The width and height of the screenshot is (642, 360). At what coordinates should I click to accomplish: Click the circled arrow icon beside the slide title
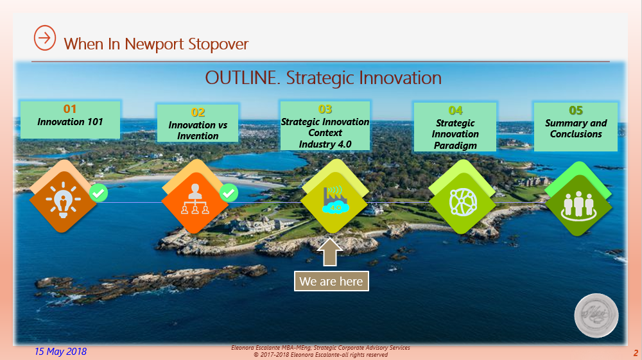(44, 37)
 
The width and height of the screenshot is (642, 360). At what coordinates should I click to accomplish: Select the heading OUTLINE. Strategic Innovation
(323, 78)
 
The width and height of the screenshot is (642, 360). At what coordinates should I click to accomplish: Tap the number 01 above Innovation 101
(70, 109)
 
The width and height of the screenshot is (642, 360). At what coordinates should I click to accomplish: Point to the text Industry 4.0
(325, 144)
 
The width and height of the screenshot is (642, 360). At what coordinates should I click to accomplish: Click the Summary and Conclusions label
(576, 128)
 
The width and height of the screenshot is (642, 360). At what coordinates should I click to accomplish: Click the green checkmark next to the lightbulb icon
(99, 193)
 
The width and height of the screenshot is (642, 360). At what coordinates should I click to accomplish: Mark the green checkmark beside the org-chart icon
(229, 193)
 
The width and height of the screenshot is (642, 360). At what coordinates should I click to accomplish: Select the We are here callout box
(331, 281)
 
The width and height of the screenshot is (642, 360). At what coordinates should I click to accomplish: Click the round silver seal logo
(596, 315)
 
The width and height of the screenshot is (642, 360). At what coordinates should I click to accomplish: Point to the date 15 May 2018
(60, 352)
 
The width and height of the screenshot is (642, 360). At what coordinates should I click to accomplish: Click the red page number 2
(635, 353)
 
